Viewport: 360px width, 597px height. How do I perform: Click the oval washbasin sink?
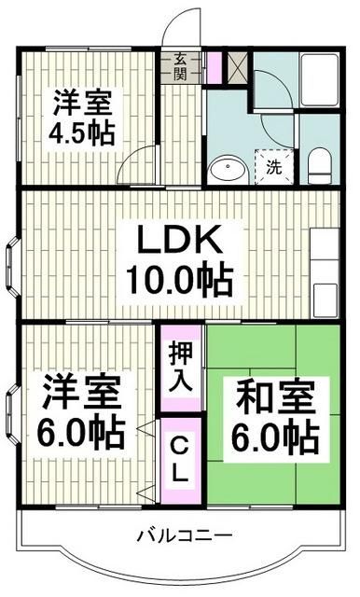tap(225, 171)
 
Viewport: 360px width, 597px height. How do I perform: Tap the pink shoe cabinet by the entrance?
tap(214, 67)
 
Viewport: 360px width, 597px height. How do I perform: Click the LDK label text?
tap(180, 243)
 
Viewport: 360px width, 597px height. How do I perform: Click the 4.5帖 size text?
tap(82, 132)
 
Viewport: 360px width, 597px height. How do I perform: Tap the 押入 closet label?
tap(181, 366)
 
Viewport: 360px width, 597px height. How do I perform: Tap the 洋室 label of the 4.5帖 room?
tap(81, 100)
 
